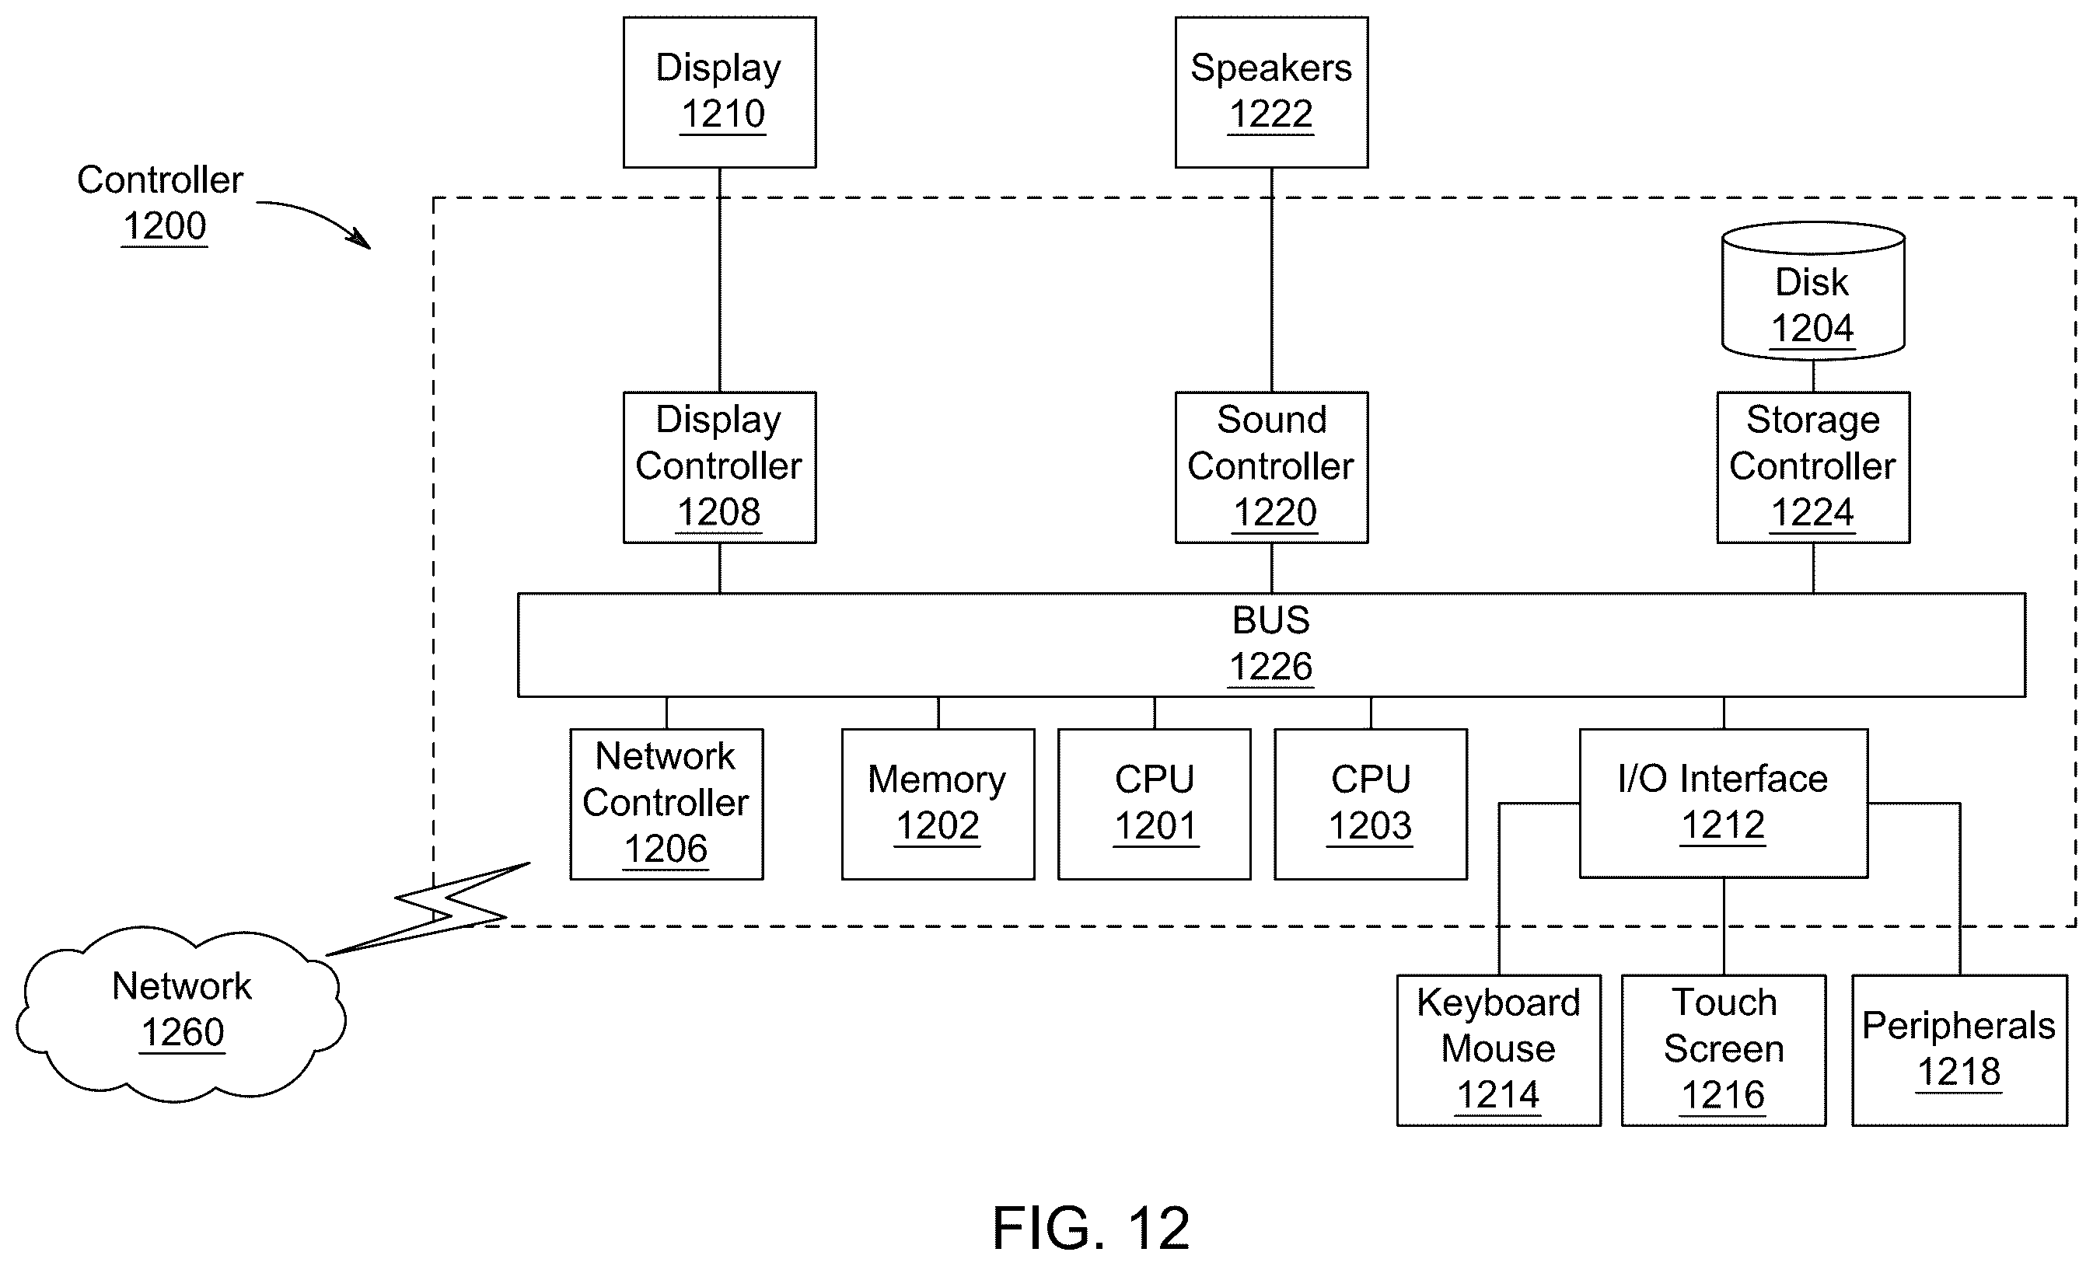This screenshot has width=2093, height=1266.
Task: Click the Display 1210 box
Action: (x=719, y=92)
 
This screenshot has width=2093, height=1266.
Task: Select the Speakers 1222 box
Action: (x=1272, y=92)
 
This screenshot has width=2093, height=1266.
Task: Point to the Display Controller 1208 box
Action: (x=719, y=467)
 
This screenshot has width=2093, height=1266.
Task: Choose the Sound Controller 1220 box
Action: (x=1272, y=467)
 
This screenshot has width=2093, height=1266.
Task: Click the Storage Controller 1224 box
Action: (x=1814, y=467)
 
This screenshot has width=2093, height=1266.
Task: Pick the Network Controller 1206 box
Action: (x=667, y=804)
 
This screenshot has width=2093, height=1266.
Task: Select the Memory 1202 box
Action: (x=938, y=804)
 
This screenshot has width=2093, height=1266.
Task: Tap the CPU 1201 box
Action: (x=1155, y=804)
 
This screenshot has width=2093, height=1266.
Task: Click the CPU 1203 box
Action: (x=1371, y=804)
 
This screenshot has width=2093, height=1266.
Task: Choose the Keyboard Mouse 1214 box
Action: (x=1499, y=1050)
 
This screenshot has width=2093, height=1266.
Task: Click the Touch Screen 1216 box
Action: (x=1724, y=1050)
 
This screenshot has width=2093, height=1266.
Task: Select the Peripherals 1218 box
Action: (x=1959, y=1050)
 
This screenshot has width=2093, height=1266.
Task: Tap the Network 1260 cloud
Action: (x=181, y=1014)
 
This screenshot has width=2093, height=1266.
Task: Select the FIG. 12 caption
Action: (x=1091, y=1228)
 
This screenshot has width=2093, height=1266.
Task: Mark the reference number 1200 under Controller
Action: (x=165, y=226)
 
